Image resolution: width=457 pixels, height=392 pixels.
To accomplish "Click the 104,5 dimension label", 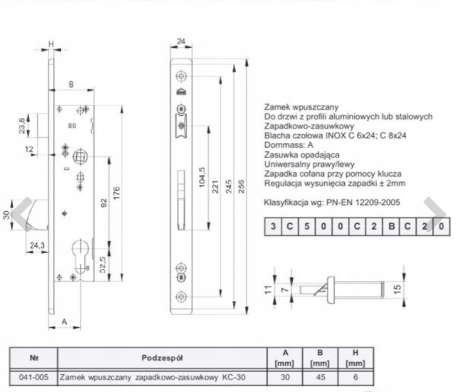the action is coord(201,177).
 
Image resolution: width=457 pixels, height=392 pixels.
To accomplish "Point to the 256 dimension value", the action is coord(241,186).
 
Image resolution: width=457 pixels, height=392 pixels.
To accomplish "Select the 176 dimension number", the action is coord(116,193).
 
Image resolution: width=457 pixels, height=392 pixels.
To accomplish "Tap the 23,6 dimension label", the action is coord(22,125).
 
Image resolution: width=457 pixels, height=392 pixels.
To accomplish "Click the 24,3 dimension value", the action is coord(37,245).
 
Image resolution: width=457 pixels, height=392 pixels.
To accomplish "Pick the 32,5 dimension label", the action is coord(103,265).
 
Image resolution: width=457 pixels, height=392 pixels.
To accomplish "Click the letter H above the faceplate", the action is coord(51,44).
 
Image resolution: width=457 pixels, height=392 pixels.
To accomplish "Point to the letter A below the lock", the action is coord(65,322).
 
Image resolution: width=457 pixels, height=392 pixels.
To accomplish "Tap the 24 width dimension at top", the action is coord(181,41).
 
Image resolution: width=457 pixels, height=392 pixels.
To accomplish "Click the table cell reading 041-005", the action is coord(34,377).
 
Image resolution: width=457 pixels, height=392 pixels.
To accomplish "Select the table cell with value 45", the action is coord(321,377).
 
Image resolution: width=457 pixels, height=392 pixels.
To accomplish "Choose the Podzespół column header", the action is coord(162,357).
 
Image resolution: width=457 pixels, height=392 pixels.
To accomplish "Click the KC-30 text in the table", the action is coord(233,377).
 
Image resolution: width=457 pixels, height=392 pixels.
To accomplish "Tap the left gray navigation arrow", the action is coord(23,214).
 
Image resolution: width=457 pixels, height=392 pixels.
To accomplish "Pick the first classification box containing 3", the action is coord(273,226).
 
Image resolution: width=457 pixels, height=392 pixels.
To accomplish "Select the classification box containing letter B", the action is coord(391,226).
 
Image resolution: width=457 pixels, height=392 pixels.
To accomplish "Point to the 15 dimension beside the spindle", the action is coord(397,288).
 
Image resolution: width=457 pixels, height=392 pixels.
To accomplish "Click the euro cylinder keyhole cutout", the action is coord(80,256).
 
